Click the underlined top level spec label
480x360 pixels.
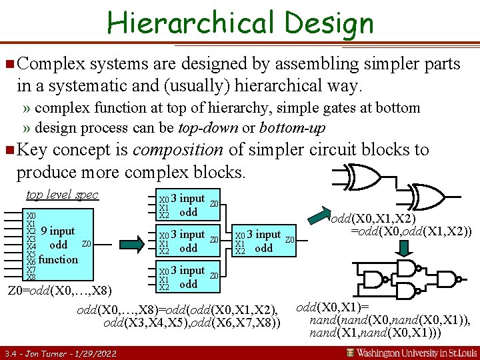pos(62,195)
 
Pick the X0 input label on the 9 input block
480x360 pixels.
pos(31,216)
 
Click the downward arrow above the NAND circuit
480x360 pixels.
pos(405,248)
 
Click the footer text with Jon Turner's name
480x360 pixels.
pos(60,353)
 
